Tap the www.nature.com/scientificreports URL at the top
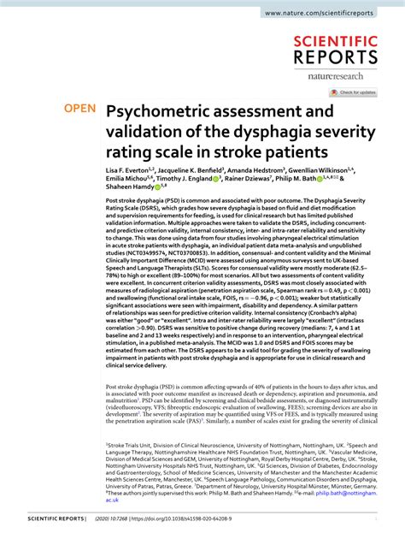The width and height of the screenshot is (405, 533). [329, 14]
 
